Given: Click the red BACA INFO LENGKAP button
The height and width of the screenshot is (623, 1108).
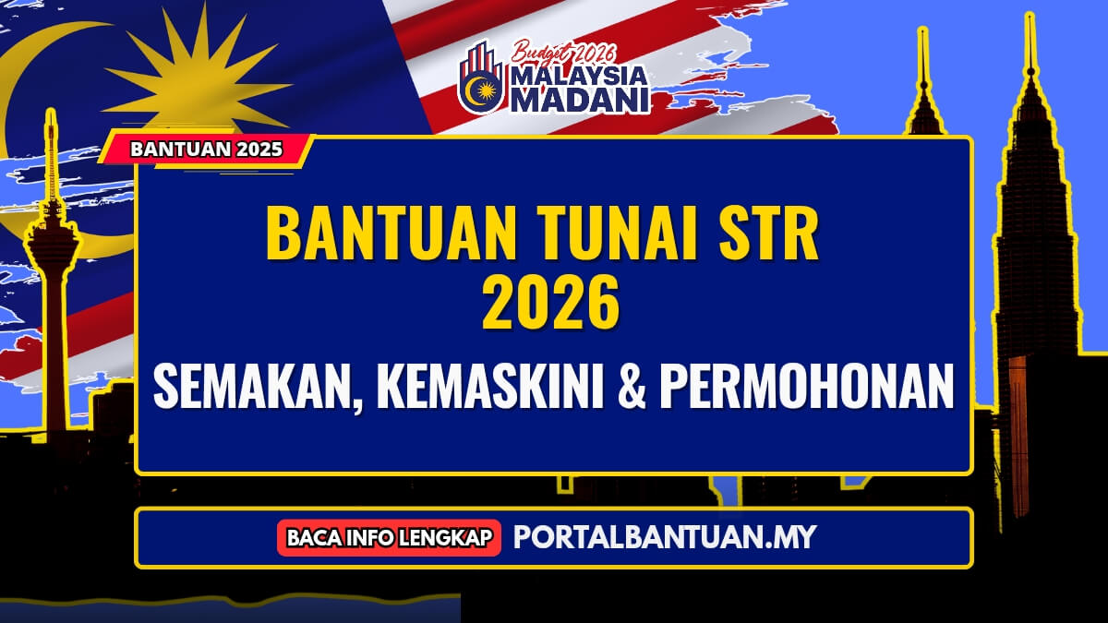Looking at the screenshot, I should point(389,537).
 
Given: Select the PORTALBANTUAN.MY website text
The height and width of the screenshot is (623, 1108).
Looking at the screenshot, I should point(664,536).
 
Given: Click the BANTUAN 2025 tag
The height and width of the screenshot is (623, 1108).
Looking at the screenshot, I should point(207,150).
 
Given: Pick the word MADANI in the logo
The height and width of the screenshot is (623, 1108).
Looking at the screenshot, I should point(581,100).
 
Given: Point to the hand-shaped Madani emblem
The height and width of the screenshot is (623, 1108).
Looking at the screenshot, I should point(481,78).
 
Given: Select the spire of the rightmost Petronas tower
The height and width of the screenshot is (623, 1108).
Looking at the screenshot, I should point(1030,46).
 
